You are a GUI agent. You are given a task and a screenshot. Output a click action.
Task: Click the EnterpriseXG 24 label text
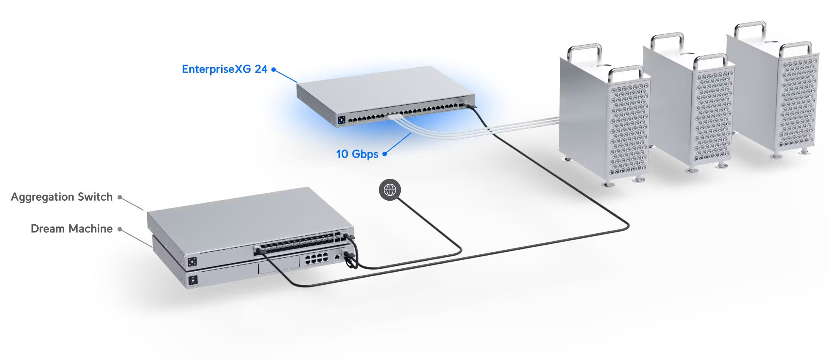point(224,69)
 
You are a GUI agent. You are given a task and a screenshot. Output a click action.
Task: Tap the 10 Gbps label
point(357,154)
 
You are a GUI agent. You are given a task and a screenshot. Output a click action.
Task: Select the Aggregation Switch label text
point(62,197)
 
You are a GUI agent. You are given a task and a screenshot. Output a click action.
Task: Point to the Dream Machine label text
point(71,229)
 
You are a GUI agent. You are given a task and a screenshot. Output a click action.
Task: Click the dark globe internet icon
point(390,190)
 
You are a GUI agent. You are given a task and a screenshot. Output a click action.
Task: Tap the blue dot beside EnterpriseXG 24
point(274,69)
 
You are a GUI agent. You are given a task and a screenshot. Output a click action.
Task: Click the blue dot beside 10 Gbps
point(385,154)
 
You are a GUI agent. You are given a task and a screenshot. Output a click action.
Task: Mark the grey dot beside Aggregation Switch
point(120,197)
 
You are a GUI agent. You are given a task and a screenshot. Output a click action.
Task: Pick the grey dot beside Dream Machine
point(120,229)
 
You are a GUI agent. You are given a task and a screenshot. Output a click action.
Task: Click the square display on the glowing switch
point(342,120)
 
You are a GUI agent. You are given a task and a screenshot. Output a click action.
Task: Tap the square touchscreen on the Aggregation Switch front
point(192,262)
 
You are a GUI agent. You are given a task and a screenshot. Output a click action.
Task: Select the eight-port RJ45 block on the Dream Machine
point(317,258)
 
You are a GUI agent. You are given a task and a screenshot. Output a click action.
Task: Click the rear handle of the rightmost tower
point(750,28)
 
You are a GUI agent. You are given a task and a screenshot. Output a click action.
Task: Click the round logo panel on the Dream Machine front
point(193,280)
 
